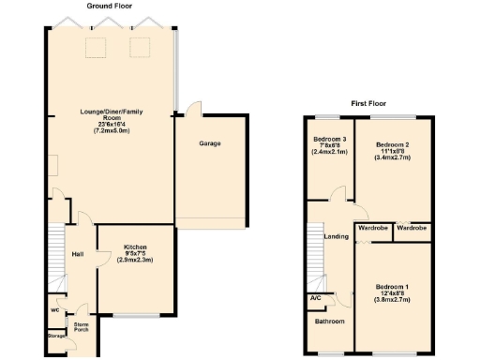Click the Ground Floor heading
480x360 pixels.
click(x=110, y=6)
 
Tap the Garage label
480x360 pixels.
click(x=210, y=144)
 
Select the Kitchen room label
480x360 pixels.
click(x=136, y=247)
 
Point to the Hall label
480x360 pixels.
click(x=79, y=254)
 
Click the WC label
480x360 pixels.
click(x=53, y=310)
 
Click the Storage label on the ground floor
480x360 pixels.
click(x=56, y=335)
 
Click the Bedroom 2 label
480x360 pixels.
click(x=393, y=145)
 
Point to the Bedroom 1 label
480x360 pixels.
click(x=392, y=286)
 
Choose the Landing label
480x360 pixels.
click(x=337, y=236)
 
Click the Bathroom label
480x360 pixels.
click(x=329, y=322)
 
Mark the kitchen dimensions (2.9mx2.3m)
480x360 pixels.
click(x=136, y=260)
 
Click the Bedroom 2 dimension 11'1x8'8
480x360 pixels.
click(x=393, y=152)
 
